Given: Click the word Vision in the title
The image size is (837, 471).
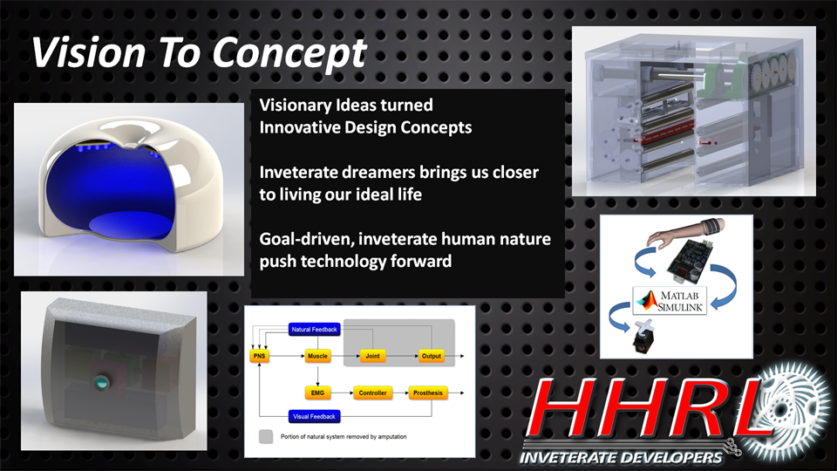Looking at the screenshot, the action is [89, 52].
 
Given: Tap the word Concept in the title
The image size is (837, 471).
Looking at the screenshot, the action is [289, 54].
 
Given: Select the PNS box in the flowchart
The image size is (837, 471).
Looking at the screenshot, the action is [260, 356].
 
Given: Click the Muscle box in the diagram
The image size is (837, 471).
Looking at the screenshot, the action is [317, 356].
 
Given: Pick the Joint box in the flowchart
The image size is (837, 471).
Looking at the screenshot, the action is [372, 356].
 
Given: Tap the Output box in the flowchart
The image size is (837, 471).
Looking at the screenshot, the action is [432, 356].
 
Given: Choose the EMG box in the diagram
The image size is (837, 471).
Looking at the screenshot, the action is [317, 393].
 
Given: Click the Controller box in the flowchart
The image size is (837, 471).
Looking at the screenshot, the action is [372, 393].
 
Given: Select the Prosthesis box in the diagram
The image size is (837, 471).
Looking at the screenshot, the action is [427, 393].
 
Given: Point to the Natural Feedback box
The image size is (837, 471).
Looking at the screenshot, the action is [315, 330].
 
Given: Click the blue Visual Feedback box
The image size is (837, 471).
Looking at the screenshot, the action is [315, 417].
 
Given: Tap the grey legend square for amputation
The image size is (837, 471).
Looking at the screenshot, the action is [266, 436].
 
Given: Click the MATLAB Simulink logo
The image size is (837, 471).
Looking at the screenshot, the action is [670, 301].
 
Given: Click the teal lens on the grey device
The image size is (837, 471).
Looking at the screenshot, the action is [100, 382].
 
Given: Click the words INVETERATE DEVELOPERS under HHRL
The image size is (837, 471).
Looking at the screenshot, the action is [621, 458].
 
